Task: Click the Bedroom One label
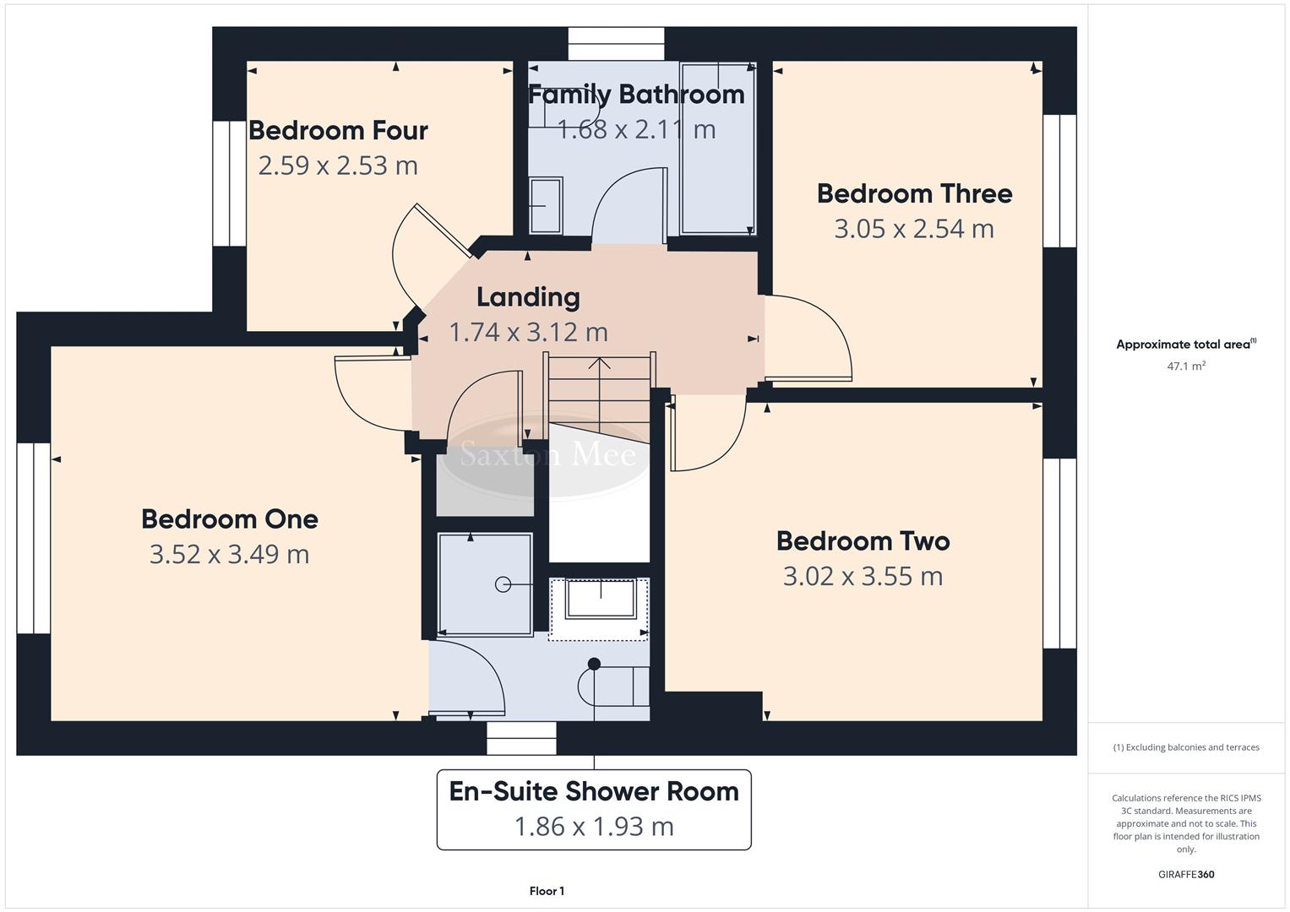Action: (x=230, y=518)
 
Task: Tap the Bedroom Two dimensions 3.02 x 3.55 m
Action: (x=863, y=576)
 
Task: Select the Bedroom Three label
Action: (x=914, y=193)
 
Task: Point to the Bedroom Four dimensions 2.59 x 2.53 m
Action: (x=338, y=166)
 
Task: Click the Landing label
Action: (x=528, y=297)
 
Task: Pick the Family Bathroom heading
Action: (x=636, y=94)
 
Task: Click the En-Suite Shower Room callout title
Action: (x=594, y=791)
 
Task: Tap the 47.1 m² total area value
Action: (x=1186, y=366)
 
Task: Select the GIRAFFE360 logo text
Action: (x=1186, y=874)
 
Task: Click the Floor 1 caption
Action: (x=547, y=891)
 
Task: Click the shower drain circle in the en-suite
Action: (x=503, y=584)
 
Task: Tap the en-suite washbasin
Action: (x=601, y=599)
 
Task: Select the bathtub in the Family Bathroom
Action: (x=717, y=148)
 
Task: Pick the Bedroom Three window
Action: (x=1059, y=180)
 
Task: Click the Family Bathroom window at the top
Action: (x=616, y=44)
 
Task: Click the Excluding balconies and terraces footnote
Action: (x=1186, y=747)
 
